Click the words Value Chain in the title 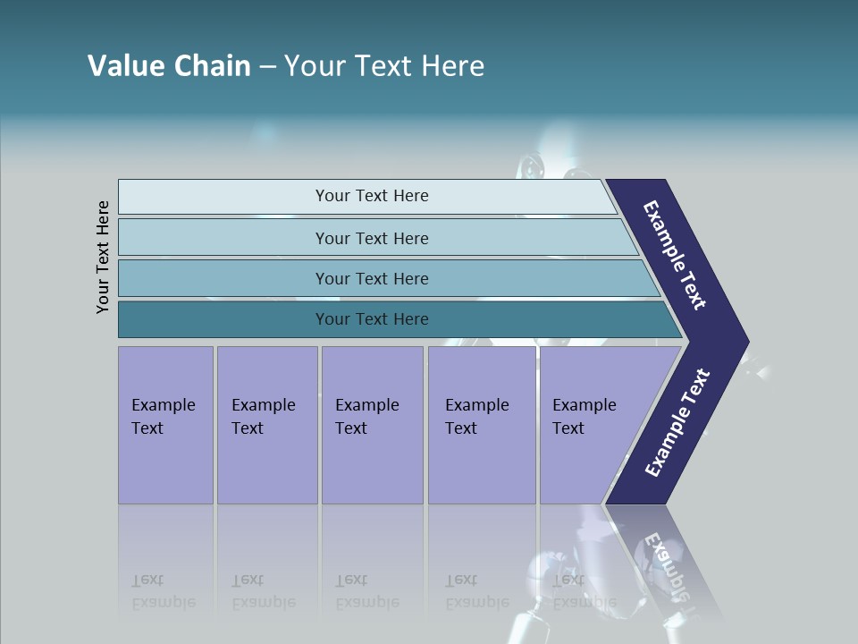[169, 66]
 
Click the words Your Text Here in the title [384, 66]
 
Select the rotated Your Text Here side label [103, 257]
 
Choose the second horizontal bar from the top [371, 238]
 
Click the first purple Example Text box [165, 425]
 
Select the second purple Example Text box [267, 425]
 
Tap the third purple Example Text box [372, 425]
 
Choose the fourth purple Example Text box [482, 425]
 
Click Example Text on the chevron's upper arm [675, 255]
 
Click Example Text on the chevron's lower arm [677, 423]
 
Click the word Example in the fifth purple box [585, 405]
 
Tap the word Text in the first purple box [147, 428]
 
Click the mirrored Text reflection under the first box [147, 580]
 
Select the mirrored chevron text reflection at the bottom [667, 555]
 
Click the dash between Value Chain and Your [267, 67]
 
